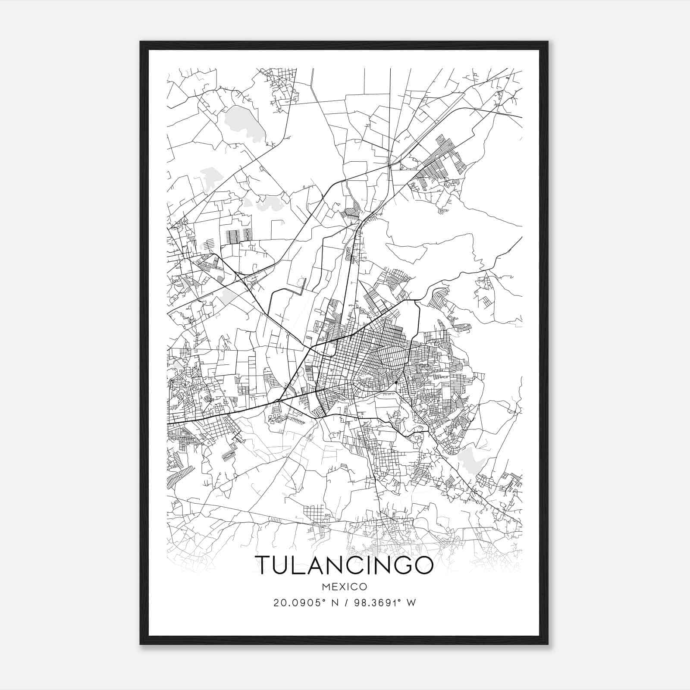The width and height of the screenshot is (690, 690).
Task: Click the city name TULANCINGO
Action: click(x=344, y=565)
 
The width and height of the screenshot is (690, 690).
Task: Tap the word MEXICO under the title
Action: click(x=344, y=587)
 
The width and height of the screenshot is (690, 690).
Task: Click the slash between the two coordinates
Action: click(x=345, y=603)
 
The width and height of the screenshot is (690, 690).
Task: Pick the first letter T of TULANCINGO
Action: click(x=263, y=565)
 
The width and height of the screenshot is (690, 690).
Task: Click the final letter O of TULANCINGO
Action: click(x=423, y=565)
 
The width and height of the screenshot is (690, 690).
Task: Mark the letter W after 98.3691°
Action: click(x=411, y=603)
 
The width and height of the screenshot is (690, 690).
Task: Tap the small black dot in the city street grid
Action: click(x=396, y=382)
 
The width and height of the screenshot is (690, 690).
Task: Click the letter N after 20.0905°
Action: click(x=332, y=603)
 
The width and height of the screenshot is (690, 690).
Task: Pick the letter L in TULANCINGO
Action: click(x=301, y=565)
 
